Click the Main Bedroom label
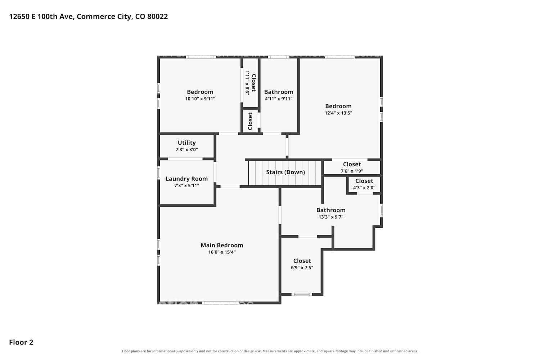point(222,245)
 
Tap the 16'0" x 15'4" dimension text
point(222,252)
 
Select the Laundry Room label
point(186,179)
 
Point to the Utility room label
point(186,143)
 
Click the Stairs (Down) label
point(285,172)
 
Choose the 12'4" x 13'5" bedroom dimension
point(338,113)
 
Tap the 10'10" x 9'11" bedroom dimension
point(200,99)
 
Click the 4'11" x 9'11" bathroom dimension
point(279,99)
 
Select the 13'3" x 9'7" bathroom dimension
point(331,217)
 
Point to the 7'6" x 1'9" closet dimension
point(352,171)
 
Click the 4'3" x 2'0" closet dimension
point(364,188)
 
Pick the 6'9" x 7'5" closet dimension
point(302,267)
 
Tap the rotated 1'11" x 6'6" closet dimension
point(247,82)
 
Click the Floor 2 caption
point(21,342)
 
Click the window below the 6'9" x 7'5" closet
point(302,294)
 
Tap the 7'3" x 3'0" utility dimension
point(186,149)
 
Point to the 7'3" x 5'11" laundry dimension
point(186,186)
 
